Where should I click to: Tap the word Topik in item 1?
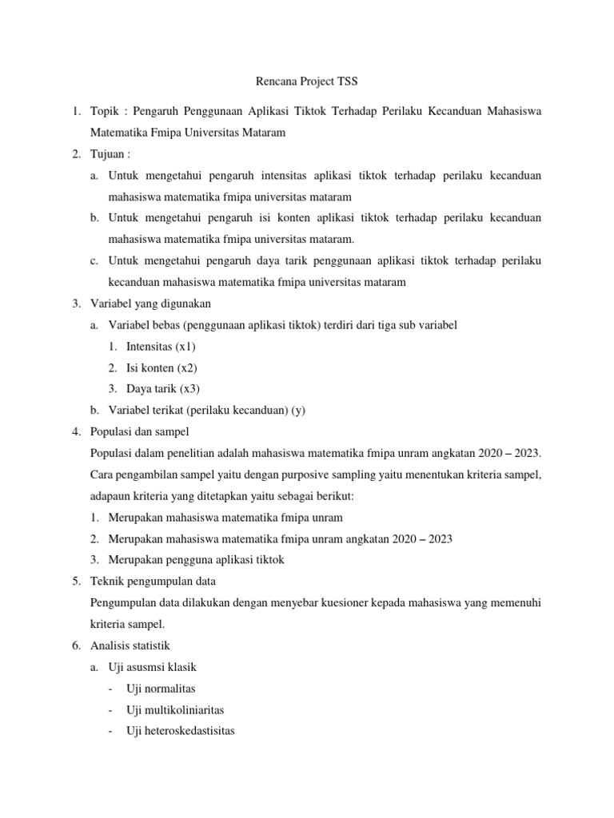106,112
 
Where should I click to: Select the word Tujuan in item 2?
109,153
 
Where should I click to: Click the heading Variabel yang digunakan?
151,304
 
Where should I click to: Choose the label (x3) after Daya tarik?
189,388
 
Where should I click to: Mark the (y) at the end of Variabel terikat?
298,410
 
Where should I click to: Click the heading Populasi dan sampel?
141,431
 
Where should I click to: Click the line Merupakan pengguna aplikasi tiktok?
205,560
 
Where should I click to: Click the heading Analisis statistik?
131,645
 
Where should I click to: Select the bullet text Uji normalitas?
161,688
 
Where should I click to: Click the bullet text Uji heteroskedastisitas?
181,730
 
